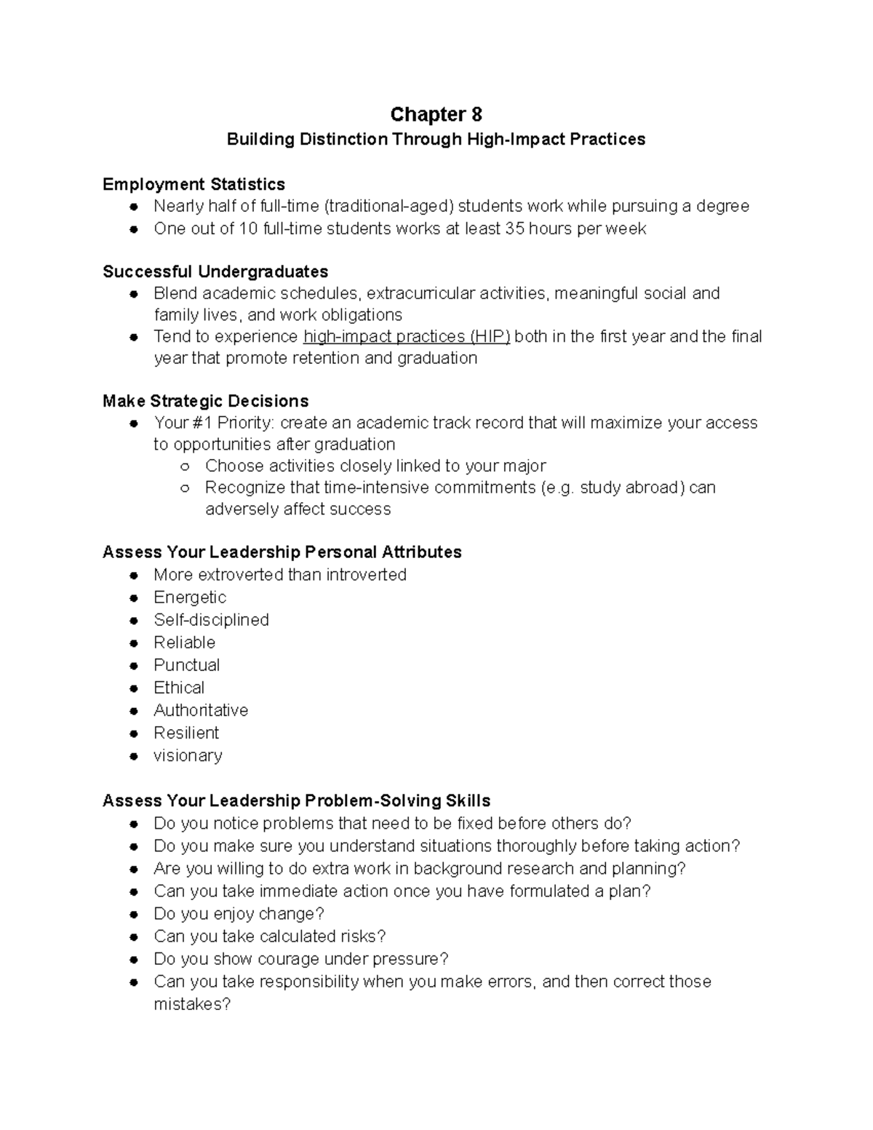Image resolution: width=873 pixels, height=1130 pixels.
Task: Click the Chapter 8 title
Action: (x=436, y=114)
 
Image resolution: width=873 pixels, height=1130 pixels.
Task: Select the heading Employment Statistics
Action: (x=194, y=184)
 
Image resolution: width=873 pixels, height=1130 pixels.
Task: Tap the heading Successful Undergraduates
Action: (x=215, y=271)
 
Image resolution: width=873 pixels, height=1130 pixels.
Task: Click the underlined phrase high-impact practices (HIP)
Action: (x=407, y=336)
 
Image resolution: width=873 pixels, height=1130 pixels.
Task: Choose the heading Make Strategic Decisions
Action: (x=206, y=401)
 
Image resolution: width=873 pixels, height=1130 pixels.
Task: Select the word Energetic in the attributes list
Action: (x=190, y=597)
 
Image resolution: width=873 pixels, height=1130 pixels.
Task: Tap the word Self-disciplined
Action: (x=211, y=620)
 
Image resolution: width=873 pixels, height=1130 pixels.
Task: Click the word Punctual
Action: (x=186, y=665)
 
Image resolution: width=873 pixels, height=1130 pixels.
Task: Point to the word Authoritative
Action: (x=201, y=710)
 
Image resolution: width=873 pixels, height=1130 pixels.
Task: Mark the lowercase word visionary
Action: (x=188, y=755)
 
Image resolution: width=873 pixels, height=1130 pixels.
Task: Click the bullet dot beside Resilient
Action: (x=133, y=733)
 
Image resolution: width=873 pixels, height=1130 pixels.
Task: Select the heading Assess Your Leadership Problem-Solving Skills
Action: (x=296, y=800)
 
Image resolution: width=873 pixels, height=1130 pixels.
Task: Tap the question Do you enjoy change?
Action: (x=239, y=914)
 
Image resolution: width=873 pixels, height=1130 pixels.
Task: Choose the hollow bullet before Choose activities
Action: (x=185, y=466)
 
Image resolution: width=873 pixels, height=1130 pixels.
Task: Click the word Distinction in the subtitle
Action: (x=343, y=139)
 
